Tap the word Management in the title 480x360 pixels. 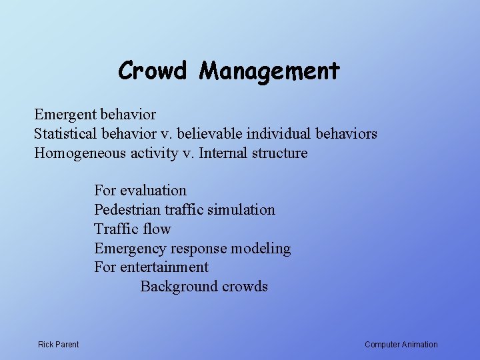269,71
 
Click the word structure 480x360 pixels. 280,153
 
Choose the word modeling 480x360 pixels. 261,249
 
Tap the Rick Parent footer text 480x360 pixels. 59,345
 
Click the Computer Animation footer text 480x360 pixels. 401,345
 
